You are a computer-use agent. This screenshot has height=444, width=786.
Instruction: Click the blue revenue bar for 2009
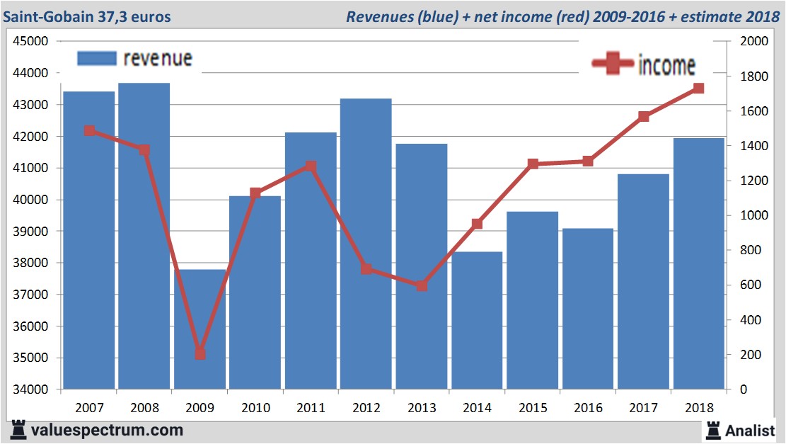coord(200,329)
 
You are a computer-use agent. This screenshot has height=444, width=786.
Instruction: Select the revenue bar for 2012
coord(366,244)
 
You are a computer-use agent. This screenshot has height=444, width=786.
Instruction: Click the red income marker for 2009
coord(200,353)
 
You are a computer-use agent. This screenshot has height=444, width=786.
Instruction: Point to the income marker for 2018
coord(698,89)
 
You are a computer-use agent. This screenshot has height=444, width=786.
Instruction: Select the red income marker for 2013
coord(422,286)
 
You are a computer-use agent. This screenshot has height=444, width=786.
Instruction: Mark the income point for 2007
coord(89,130)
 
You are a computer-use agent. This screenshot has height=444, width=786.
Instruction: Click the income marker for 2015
coord(533,164)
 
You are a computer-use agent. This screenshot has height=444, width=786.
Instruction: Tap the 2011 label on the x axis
coord(311,408)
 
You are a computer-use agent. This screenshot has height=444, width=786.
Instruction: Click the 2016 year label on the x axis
coord(588,408)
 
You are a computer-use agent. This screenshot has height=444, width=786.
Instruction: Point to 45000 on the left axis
coord(30,41)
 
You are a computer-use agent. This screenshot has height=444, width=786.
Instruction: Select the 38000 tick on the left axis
coord(30,263)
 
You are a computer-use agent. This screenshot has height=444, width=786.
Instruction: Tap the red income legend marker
coord(612,64)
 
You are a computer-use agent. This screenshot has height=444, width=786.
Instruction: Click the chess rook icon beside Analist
coord(712,429)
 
